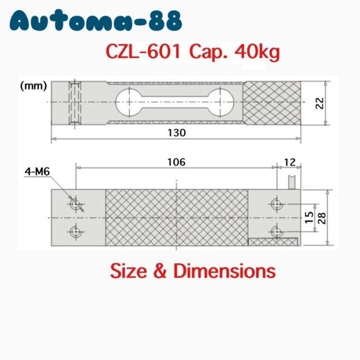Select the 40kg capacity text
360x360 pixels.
[256, 53]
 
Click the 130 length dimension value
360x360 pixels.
[176, 133]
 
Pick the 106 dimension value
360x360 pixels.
[176, 162]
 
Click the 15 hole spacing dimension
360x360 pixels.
[309, 218]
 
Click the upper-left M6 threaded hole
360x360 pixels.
[75, 204]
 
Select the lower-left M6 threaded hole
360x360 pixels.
[75, 232]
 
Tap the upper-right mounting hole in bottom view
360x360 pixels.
[276, 204]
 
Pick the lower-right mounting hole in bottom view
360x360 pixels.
[276, 232]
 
